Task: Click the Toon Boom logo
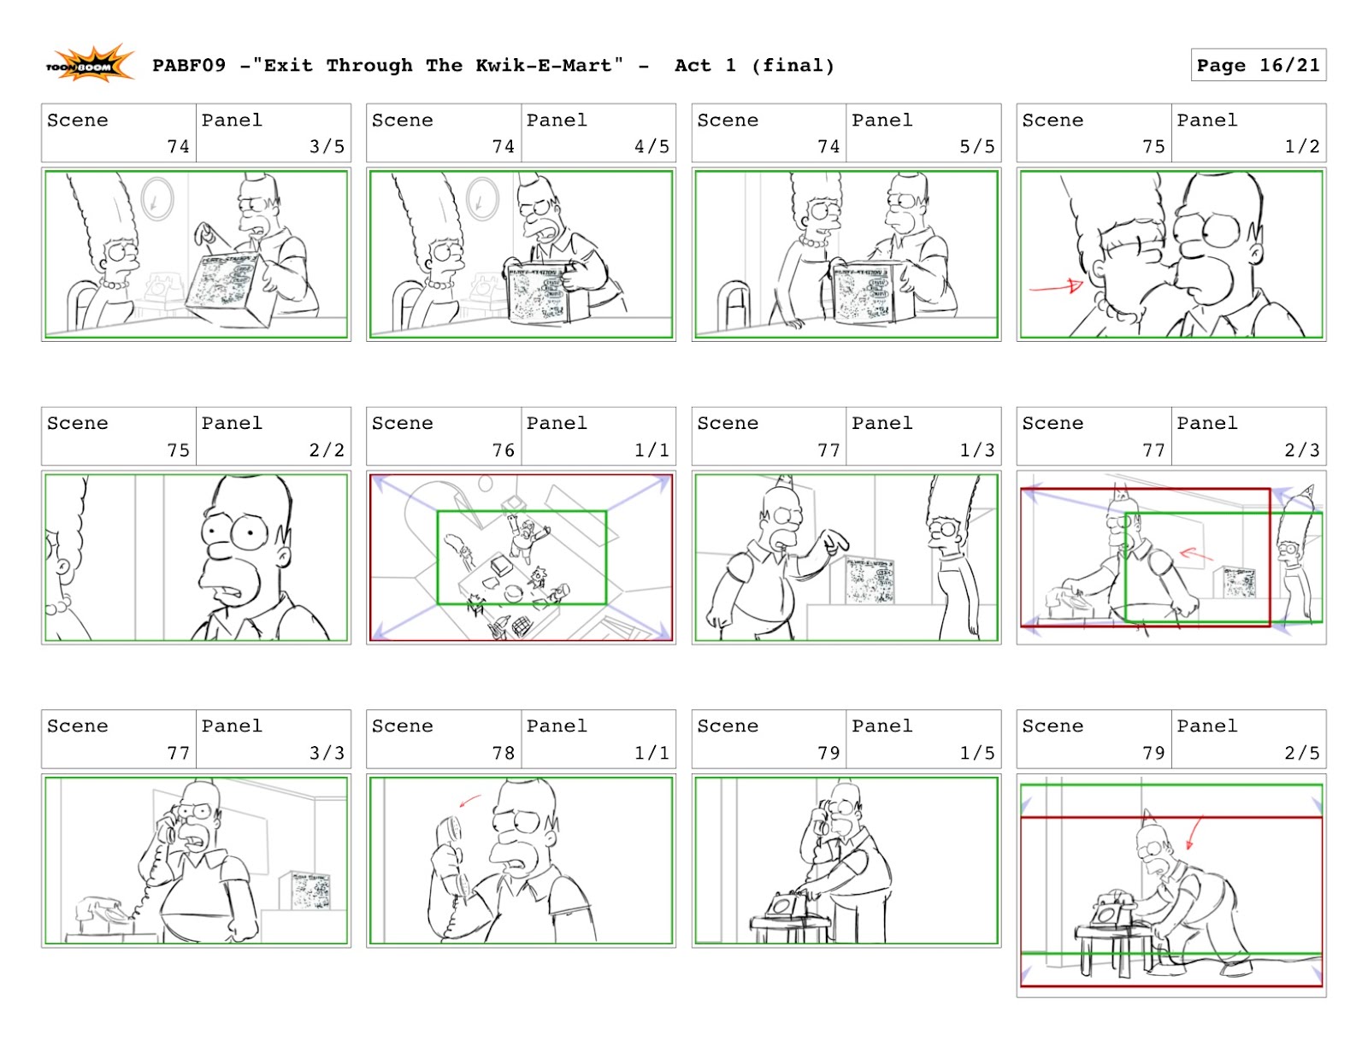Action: click(x=89, y=65)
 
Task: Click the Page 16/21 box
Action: click(x=1258, y=65)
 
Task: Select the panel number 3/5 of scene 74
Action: click(x=327, y=146)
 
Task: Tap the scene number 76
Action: click(x=504, y=450)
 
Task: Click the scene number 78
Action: click(x=504, y=752)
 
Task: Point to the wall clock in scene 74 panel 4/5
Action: click(x=483, y=199)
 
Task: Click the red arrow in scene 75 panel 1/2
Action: click(x=1057, y=287)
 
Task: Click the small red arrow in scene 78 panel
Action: click(x=469, y=801)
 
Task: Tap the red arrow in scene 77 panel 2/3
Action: click(x=1195, y=555)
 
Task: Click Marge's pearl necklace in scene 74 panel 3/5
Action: click(x=113, y=283)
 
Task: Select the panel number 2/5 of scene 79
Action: click(x=1301, y=752)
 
